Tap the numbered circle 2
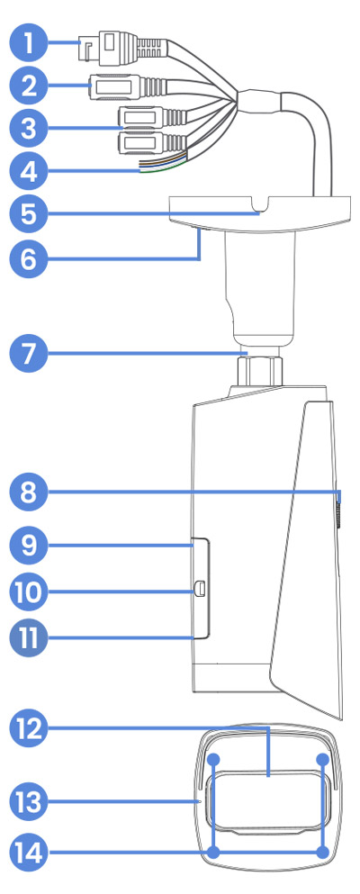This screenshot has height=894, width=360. (x=29, y=86)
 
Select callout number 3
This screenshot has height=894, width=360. (x=29, y=128)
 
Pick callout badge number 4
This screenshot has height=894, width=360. (x=29, y=170)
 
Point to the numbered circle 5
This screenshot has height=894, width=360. (x=29, y=214)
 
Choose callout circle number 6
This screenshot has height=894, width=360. (x=29, y=259)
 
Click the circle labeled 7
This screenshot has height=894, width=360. (x=29, y=354)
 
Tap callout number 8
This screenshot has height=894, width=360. (x=29, y=492)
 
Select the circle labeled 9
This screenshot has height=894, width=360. (x=29, y=546)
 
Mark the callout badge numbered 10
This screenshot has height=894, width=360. (x=29, y=591)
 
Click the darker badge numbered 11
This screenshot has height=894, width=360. (x=29, y=637)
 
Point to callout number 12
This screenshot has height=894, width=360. (x=29, y=728)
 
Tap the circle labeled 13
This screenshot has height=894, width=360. (x=29, y=802)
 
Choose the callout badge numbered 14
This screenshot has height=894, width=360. (x=29, y=853)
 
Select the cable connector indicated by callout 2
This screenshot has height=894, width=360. (x=129, y=87)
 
